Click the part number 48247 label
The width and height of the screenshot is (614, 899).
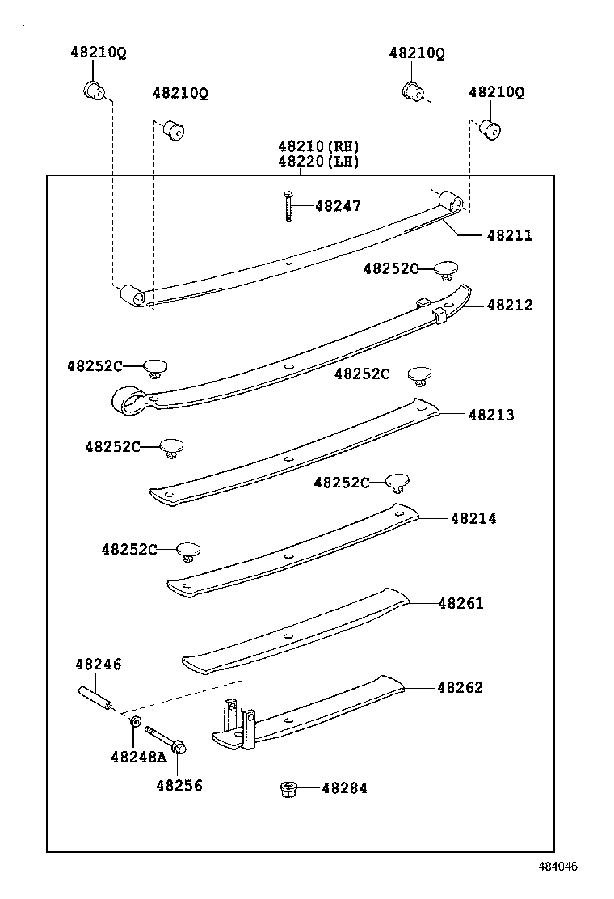click(338, 206)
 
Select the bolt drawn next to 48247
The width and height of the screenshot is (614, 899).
click(288, 205)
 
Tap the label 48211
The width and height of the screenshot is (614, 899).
click(509, 236)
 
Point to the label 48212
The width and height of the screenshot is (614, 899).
click(509, 306)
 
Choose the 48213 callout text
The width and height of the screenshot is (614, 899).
click(490, 415)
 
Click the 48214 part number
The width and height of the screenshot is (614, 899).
click(473, 518)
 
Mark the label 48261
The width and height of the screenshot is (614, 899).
click(460, 603)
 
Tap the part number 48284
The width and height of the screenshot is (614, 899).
click(344, 787)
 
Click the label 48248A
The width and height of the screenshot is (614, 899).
click(137, 757)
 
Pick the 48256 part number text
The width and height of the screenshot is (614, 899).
click(179, 785)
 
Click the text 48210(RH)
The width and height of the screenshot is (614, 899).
click(318, 146)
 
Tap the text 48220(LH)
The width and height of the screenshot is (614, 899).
click(318, 161)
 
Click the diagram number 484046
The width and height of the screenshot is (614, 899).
click(558, 867)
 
